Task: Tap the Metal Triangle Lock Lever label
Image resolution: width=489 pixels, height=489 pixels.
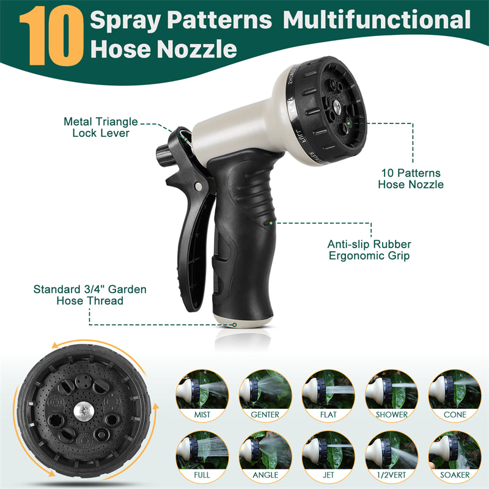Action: [x=100, y=127]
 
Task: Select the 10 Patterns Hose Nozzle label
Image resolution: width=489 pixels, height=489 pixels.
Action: [x=410, y=178]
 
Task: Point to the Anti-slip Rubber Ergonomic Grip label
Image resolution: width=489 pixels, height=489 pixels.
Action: [x=369, y=249]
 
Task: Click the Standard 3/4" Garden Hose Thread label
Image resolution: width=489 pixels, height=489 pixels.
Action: [x=89, y=295]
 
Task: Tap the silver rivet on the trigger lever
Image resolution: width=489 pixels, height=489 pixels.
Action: [x=197, y=186]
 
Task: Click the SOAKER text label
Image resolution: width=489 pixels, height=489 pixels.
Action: [x=455, y=474]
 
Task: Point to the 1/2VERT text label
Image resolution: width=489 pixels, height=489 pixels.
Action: [x=392, y=474]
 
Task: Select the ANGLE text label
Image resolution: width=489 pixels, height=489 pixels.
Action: [x=265, y=474]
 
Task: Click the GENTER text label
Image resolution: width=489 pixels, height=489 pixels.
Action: [x=265, y=414]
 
